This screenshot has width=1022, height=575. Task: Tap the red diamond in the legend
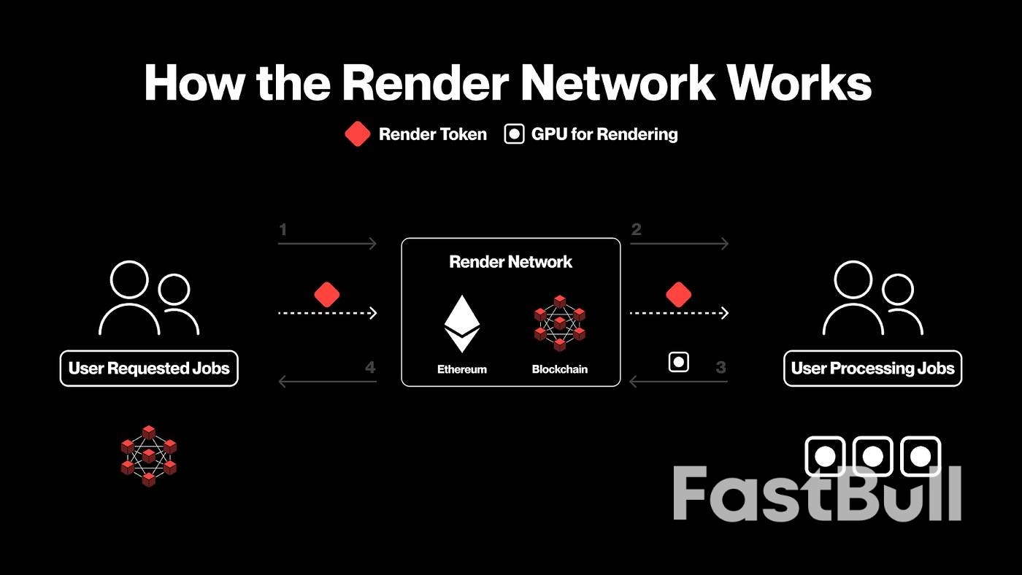click(x=357, y=134)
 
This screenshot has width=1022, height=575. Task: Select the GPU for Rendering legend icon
click(x=515, y=134)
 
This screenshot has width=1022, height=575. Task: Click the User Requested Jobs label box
click(x=149, y=368)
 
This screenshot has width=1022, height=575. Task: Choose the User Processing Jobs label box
click(x=872, y=368)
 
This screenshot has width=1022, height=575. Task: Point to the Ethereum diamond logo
click(x=462, y=323)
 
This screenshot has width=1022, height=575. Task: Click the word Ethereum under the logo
click(x=462, y=369)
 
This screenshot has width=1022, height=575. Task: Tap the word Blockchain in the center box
click(x=560, y=369)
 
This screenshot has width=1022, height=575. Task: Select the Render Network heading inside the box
click(x=511, y=262)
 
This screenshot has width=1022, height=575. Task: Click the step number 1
click(x=283, y=231)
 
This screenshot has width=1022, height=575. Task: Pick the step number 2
click(x=636, y=231)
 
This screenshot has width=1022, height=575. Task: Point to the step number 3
click(x=721, y=368)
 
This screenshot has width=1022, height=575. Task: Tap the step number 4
click(x=370, y=368)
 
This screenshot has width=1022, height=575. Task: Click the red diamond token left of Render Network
click(x=327, y=294)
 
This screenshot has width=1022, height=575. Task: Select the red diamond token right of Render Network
click(x=678, y=294)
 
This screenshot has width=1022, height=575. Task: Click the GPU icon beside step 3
click(x=679, y=362)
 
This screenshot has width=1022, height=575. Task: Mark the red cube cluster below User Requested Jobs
click(x=149, y=455)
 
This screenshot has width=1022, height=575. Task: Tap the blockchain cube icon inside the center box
click(x=560, y=323)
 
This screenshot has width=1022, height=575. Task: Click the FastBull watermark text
click(x=816, y=493)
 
